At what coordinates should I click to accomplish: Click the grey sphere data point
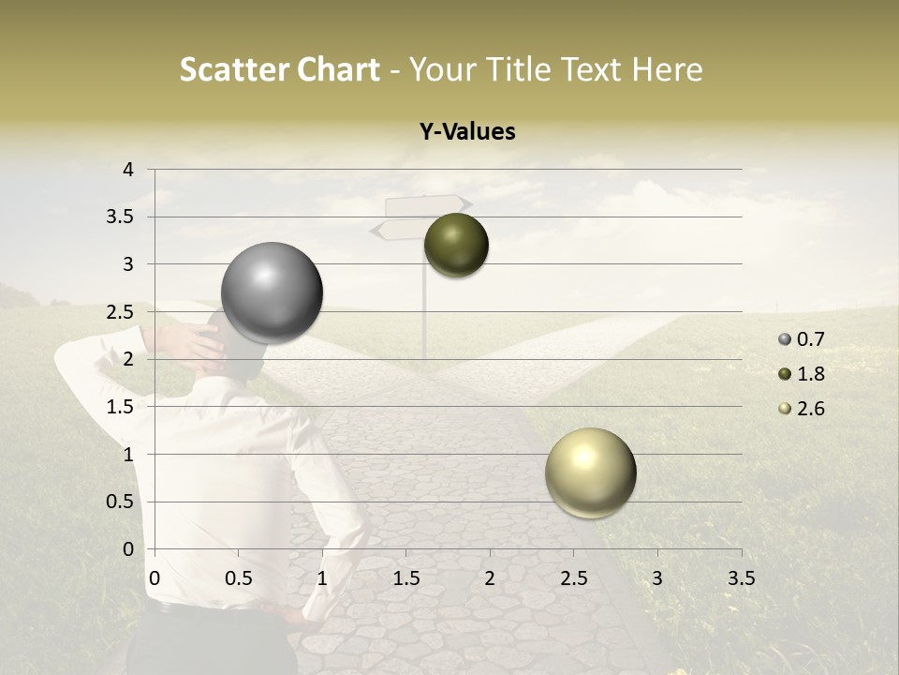point(273,292)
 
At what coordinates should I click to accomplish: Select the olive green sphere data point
point(456,245)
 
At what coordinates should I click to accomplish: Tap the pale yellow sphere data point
point(590,472)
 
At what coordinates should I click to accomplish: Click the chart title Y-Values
point(466,132)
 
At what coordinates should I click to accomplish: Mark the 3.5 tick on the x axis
point(741,578)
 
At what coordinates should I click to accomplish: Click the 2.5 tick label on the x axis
point(573,578)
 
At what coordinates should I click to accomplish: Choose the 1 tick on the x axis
point(322,578)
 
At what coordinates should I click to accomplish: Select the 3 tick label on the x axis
point(657,578)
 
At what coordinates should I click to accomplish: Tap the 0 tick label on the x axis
point(155,578)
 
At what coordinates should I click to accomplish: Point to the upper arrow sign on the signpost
point(427,205)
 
